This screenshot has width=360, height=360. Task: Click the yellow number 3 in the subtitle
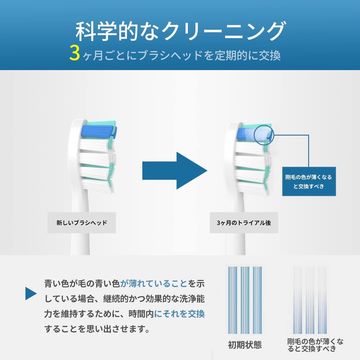[x=75, y=53]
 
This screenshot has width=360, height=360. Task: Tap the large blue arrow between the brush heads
[x=174, y=170]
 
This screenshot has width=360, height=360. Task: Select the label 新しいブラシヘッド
[x=82, y=223]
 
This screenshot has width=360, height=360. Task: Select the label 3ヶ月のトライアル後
[x=244, y=223]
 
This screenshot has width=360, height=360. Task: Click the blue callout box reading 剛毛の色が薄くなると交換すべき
[x=309, y=181]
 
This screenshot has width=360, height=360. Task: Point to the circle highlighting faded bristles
[x=264, y=135]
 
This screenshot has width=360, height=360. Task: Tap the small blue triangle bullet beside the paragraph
[x=31, y=293]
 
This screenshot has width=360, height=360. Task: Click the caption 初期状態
[x=245, y=345]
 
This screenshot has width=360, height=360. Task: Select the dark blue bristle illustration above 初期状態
[x=245, y=300]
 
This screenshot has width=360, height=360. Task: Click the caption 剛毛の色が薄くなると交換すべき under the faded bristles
[x=315, y=345]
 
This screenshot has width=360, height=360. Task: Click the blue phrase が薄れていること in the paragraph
[x=154, y=283]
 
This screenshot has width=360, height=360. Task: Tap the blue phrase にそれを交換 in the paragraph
[x=179, y=314]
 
